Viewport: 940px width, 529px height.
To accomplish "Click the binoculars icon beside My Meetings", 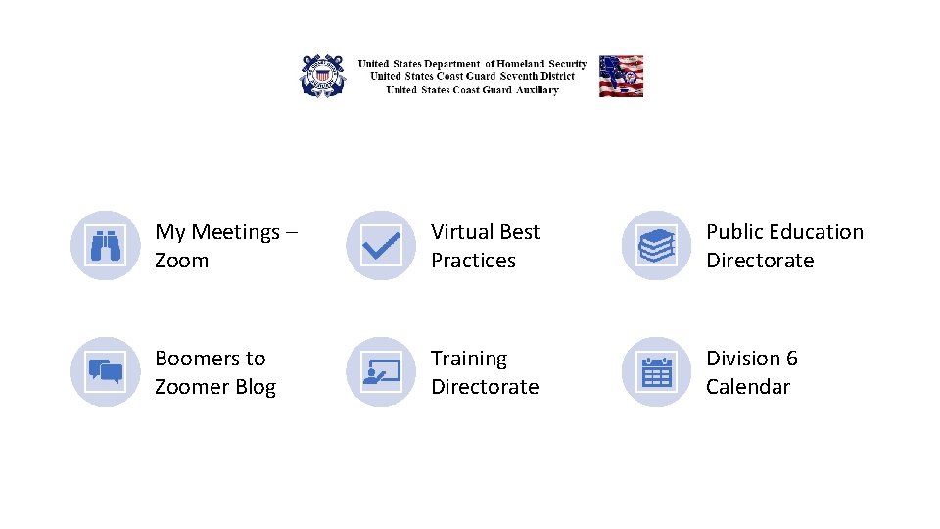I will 106,246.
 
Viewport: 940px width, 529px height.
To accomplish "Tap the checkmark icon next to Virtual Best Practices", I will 381,246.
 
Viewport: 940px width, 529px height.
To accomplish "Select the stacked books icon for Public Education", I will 657,246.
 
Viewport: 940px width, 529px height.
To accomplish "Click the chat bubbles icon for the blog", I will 106,372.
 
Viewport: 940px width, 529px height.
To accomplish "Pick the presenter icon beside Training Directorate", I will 381,372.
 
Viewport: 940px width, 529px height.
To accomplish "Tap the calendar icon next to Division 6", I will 657,372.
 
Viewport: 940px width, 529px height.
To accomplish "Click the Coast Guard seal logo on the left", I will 322,75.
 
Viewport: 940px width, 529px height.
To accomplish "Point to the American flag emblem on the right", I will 621,75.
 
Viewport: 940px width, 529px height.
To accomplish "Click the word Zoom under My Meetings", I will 181,261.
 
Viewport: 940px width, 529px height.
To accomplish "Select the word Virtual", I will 463,232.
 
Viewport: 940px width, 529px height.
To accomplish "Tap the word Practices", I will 473,261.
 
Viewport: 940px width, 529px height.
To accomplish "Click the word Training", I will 469,359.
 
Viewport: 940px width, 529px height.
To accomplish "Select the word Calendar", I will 748,387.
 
